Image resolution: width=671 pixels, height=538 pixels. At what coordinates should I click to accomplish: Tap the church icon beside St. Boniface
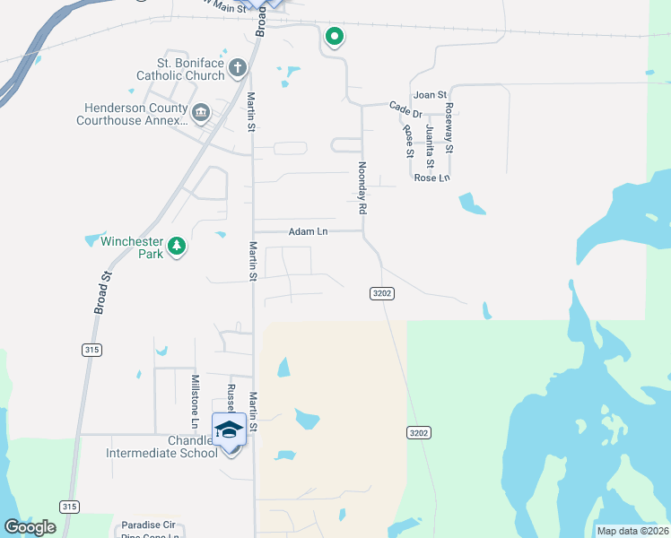pyautogui.click(x=237, y=66)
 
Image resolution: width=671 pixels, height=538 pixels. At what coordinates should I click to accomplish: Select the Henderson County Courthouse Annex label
pyautogui.click(x=133, y=114)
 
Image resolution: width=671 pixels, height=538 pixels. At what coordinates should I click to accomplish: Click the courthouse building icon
pyautogui.click(x=201, y=113)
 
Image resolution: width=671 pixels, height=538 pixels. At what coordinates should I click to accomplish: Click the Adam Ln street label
pyautogui.click(x=308, y=231)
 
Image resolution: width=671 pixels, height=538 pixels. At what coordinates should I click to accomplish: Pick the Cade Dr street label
pyautogui.click(x=405, y=108)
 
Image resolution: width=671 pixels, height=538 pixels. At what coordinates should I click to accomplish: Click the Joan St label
pyautogui.click(x=429, y=95)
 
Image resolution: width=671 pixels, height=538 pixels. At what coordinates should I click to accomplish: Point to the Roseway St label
pyautogui.click(x=449, y=126)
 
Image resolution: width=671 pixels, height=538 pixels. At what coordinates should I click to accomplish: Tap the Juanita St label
pyautogui.click(x=430, y=147)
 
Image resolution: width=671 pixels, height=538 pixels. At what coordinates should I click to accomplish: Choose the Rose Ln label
pyautogui.click(x=431, y=178)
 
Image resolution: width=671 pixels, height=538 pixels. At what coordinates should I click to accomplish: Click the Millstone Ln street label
pyautogui.click(x=195, y=399)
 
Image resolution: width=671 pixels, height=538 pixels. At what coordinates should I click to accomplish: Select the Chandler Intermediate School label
pyautogui.click(x=161, y=447)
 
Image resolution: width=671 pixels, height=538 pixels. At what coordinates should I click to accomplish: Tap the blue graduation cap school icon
pyautogui.click(x=229, y=430)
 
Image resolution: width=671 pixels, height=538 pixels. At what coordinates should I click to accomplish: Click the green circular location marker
pyautogui.click(x=335, y=37)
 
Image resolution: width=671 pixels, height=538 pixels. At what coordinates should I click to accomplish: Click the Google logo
pyautogui.click(x=30, y=526)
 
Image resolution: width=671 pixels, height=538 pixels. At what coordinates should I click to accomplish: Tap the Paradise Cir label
pyautogui.click(x=148, y=525)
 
